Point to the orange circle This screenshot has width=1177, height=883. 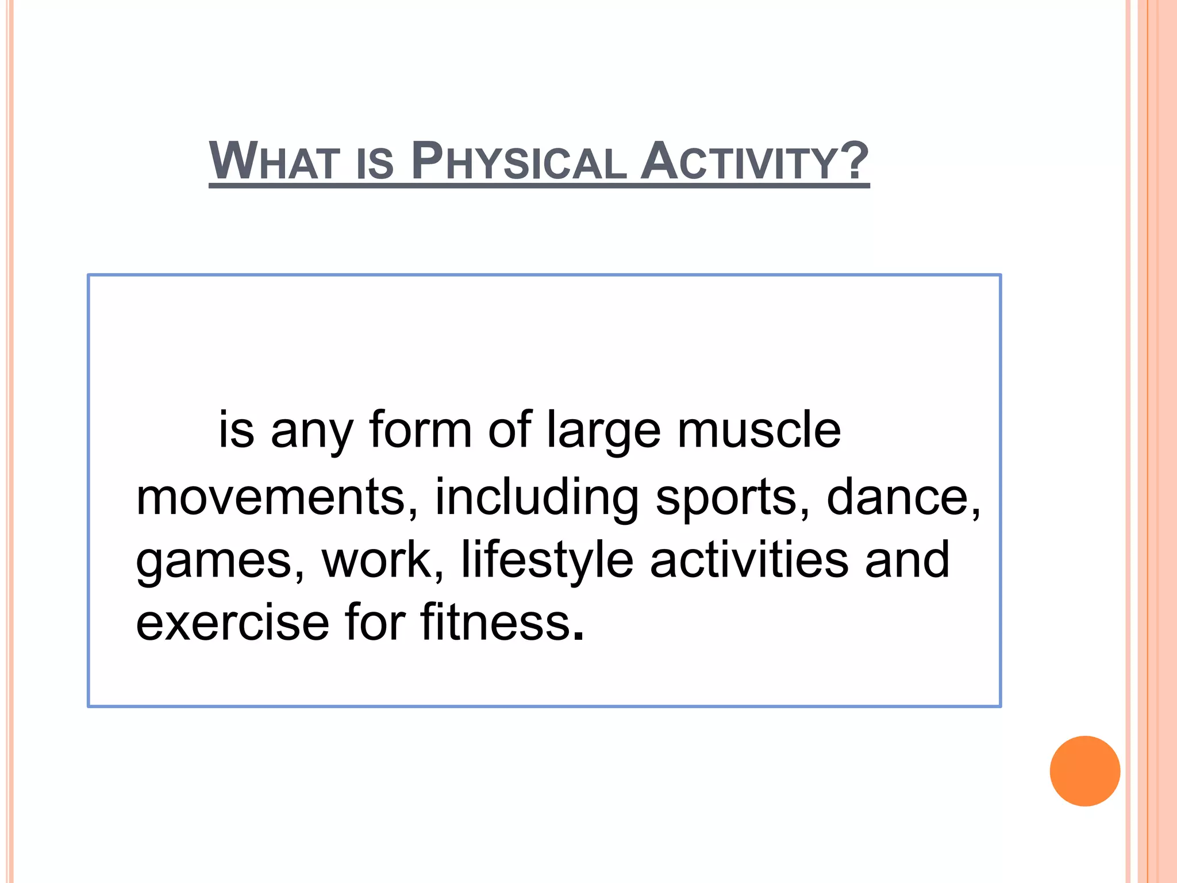pyautogui.click(x=1084, y=771)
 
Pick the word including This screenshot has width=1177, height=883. pyautogui.click(x=536, y=498)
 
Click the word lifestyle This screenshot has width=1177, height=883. pyautogui.click(x=547, y=560)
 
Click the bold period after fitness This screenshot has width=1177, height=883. pyautogui.click(x=579, y=637)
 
